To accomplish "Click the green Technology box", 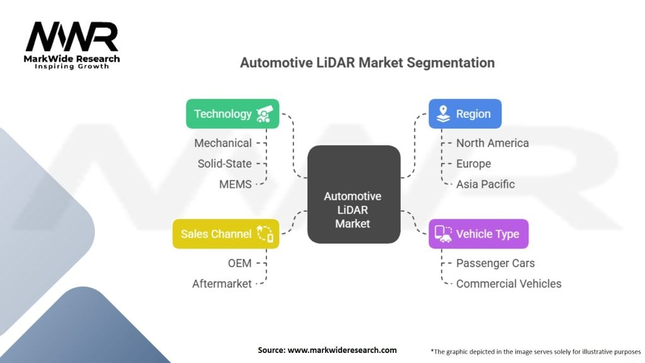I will pyautogui.click(x=232, y=114).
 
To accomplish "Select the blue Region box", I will pyautogui.click(x=465, y=114).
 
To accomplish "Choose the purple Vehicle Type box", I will pyautogui.click(x=478, y=234).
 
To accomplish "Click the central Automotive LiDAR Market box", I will pyautogui.click(x=353, y=195).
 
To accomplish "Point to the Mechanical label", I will pyautogui.click(x=223, y=143).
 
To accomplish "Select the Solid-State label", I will pyautogui.click(x=224, y=164).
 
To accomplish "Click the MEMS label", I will pyautogui.click(x=236, y=184).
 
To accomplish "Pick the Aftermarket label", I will pyautogui.click(x=222, y=284).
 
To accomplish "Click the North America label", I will pyautogui.click(x=493, y=143).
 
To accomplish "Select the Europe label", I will pyautogui.click(x=473, y=164).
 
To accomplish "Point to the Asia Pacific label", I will pyautogui.click(x=485, y=184).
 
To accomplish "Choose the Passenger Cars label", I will pyautogui.click(x=495, y=263).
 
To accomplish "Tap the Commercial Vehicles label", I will pyautogui.click(x=508, y=284).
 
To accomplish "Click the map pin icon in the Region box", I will pyautogui.click(x=443, y=114).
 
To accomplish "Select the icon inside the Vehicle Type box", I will pyautogui.click(x=443, y=234).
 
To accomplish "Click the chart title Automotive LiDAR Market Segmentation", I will pyautogui.click(x=367, y=63).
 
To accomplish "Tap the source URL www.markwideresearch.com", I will pyautogui.click(x=342, y=350).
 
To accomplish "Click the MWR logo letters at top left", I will pyautogui.click(x=72, y=38).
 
